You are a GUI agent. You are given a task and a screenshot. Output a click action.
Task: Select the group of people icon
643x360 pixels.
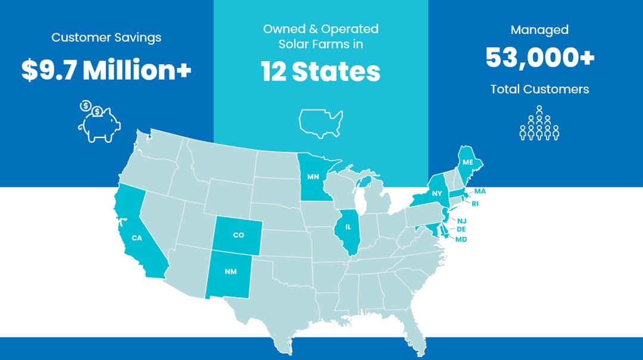click(x=539, y=124)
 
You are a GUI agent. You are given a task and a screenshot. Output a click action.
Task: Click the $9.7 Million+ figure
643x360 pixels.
click(x=106, y=70)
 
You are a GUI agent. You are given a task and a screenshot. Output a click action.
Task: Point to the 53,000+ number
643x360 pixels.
click(x=539, y=58)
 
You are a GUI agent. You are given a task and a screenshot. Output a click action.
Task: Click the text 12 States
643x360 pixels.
click(x=321, y=71)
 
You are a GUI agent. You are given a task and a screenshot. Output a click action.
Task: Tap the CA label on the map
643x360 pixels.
click(x=137, y=238)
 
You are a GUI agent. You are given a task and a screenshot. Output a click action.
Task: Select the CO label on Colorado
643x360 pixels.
click(x=239, y=235)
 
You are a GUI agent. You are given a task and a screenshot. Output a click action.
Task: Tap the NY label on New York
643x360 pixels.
click(x=437, y=193)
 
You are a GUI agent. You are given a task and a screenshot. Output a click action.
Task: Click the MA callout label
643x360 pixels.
click(x=480, y=191)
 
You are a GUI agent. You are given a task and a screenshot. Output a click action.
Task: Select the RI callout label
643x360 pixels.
click(x=475, y=204)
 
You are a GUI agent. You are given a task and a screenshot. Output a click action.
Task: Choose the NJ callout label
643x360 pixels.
click(x=462, y=221)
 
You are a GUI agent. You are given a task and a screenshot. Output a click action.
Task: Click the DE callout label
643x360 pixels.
click(x=461, y=229)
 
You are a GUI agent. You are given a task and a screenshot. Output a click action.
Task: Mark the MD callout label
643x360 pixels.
click(x=461, y=239)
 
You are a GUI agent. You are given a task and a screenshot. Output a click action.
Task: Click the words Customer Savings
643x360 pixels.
click(x=106, y=37)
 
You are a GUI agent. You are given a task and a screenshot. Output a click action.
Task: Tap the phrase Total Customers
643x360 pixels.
click(x=539, y=89)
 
